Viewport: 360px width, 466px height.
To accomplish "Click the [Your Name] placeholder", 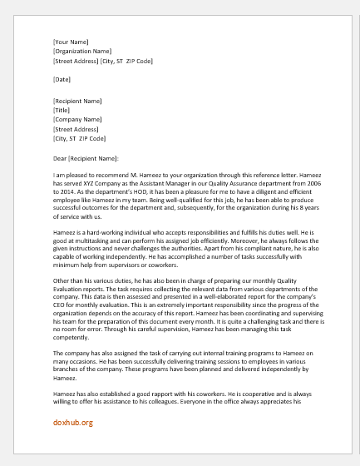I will click(x=71, y=40).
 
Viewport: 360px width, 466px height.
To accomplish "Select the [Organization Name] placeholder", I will click(x=82, y=51).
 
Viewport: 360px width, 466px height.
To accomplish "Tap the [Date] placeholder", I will click(x=61, y=80).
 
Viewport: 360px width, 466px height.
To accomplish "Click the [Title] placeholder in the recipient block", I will click(x=62, y=109).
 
